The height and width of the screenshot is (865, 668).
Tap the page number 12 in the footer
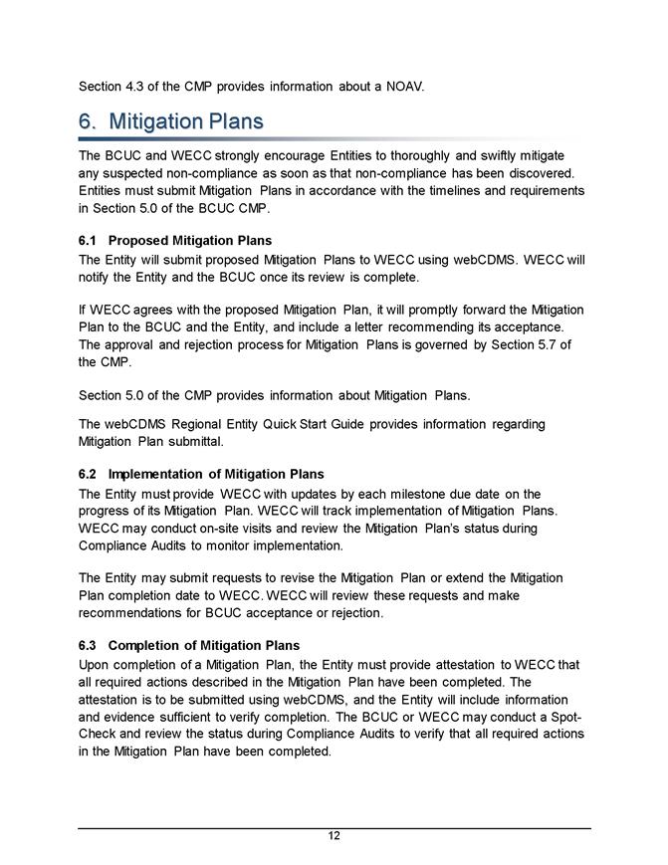point(334,836)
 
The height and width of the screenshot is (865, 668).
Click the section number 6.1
point(88,241)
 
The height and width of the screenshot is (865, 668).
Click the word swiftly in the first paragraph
point(487,156)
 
